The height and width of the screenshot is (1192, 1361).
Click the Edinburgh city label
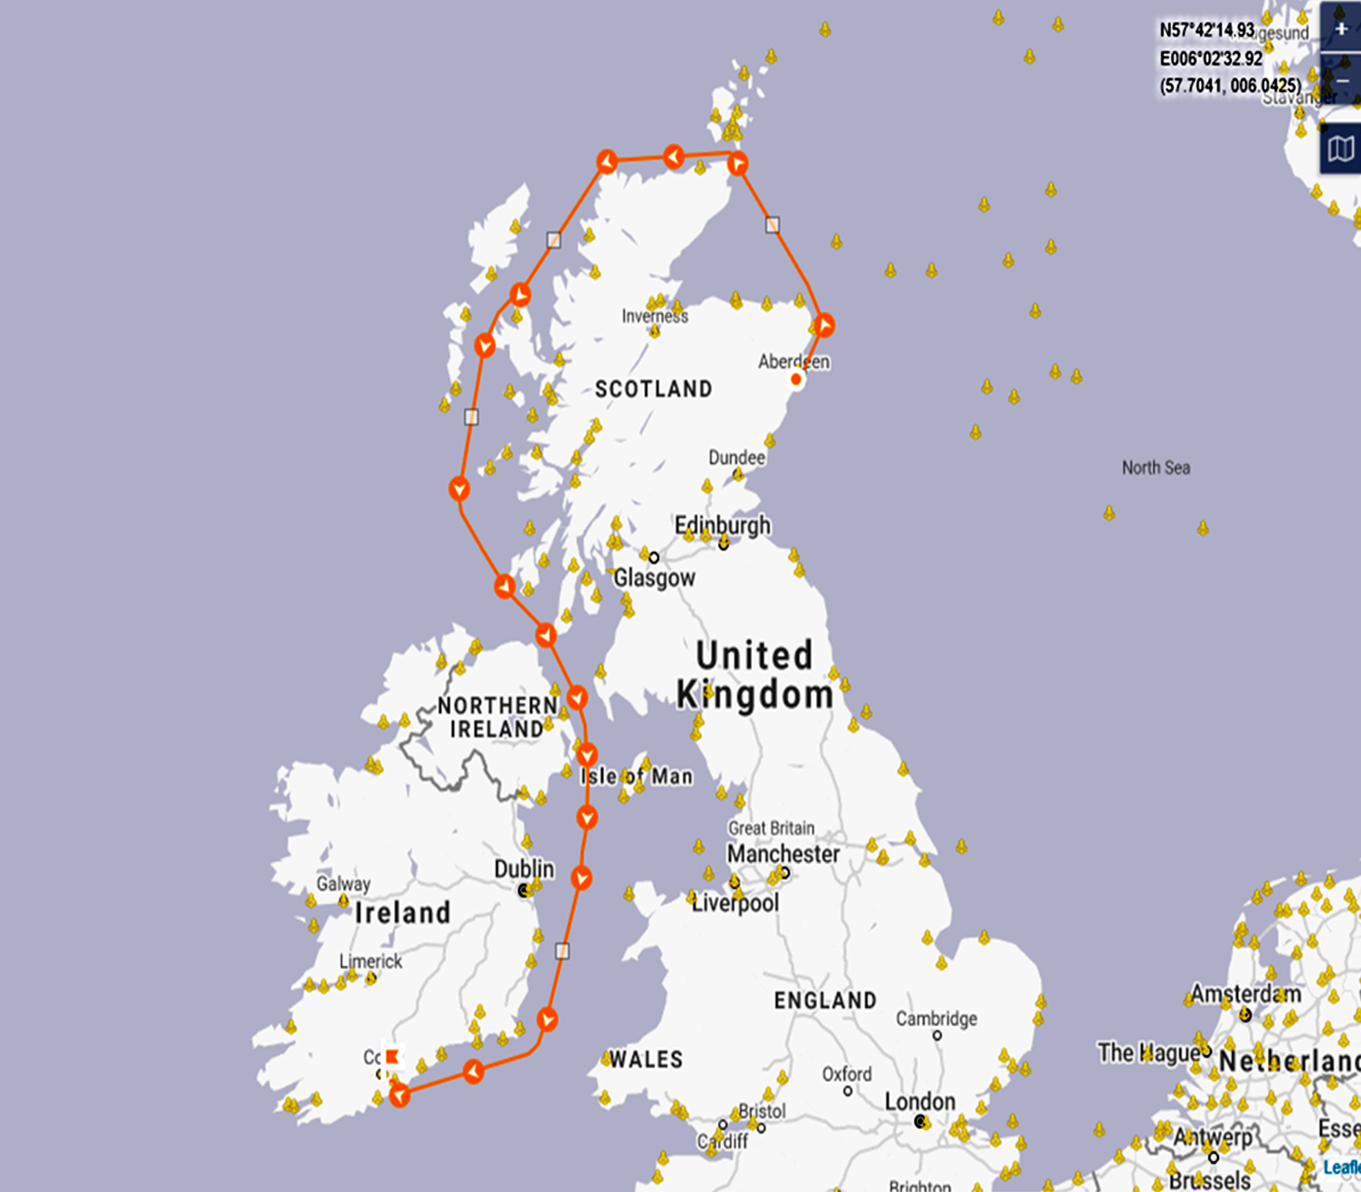click(x=722, y=526)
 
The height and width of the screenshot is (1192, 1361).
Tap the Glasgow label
click(x=654, y=577)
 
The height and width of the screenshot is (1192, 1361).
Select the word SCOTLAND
click(x=654, y=389)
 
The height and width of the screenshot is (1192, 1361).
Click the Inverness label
click(x=654, y=316)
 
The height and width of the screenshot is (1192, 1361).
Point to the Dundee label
click(x=736, y=458)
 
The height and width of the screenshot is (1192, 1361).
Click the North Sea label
click(x=1155, y=468)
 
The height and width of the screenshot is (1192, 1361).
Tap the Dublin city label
click(x=523, y=870)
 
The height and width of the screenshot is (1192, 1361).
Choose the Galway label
click(x=343, y=883)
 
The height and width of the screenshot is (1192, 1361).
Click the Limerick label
click(x=370, y=961)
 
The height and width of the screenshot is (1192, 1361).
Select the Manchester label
click(x=783, y=854)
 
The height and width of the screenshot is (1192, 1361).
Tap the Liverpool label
click(x=735, y=903)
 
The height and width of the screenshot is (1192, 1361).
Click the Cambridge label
click(x=936, y=1018)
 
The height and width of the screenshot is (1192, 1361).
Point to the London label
click(x=920, y=1102)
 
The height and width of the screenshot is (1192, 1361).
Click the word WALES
click(x=645, y=1060)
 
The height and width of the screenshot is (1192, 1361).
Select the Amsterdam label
click(x=1245, y=994)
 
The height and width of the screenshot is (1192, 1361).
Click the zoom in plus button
click(x=1340, y=29)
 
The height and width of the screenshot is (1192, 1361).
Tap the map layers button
click(x=1340, y=149)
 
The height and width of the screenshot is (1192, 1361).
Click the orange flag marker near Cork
click(x=392, y=1057)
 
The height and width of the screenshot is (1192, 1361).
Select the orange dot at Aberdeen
click(x=796, y=380)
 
